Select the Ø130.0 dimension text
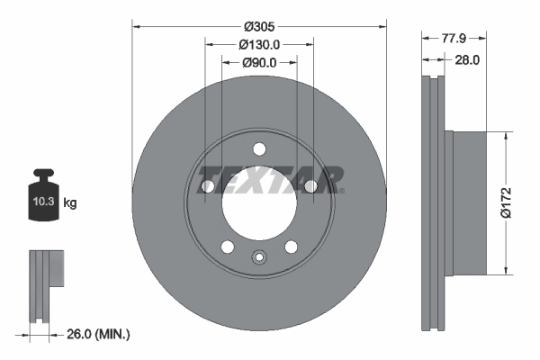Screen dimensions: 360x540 coord(259,43)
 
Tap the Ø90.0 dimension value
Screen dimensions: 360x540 coord(259,63)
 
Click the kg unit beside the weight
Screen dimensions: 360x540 coord(70,204)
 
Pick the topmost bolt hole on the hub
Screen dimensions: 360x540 coord(259,149)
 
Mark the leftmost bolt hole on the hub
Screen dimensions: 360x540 coord(208,186)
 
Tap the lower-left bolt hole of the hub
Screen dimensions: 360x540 coord(228,247)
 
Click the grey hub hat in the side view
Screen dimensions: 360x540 coord(468,202)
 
